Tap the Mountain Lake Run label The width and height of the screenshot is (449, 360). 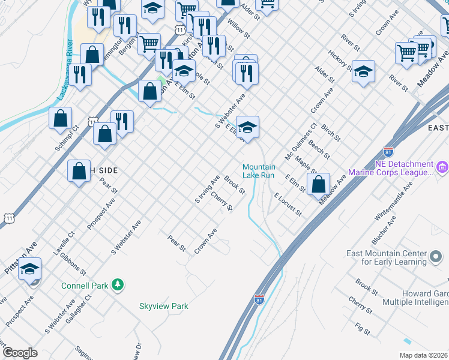(259, 171)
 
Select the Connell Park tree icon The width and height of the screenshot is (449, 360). (119, 285)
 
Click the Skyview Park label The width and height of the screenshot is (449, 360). (164, 306)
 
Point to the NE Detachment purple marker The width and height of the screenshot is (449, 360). (442, 166)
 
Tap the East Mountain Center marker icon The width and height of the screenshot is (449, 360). (436, 257)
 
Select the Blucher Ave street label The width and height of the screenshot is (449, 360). (384, 230)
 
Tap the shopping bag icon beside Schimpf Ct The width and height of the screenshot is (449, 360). (61, 119)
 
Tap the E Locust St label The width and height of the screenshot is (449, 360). (288, 204)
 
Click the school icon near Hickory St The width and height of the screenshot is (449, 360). (363, 73)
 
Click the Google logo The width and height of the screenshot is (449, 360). (20, 353)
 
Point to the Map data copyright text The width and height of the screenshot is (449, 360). (423, 355)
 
